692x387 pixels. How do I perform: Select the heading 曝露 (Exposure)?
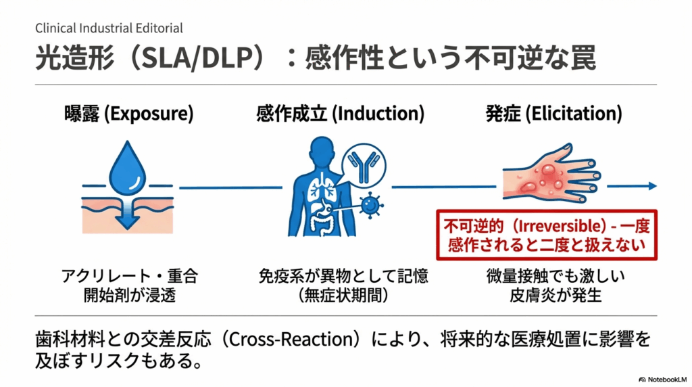coord(128,114)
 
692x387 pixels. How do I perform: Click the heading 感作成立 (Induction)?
coord(340,114)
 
